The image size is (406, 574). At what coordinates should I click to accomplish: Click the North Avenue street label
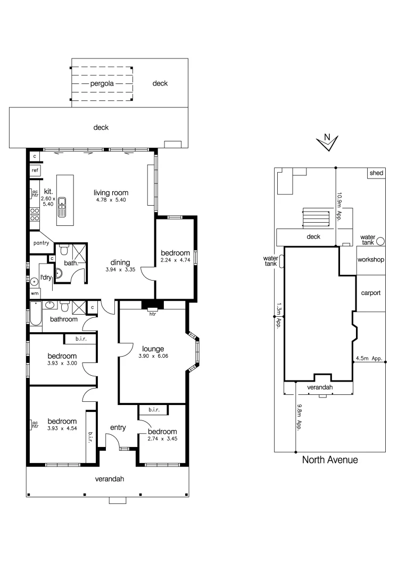(x=330, y=460)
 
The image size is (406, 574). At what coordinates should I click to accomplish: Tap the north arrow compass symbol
(x=327, y=141)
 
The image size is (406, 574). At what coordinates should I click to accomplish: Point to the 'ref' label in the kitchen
(x=35, y=170)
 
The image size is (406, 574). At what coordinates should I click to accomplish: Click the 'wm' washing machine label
(x=35, y=293)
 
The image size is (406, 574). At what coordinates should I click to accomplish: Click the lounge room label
(x=152, y=349)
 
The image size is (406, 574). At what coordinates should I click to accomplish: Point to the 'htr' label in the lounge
(x=152, y=314)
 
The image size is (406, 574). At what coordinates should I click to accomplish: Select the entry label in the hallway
(x=118, y=427)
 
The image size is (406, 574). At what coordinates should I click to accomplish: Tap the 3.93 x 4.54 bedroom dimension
(x=62, y=428)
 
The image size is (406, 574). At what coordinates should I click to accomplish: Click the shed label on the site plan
(x=377, y=173)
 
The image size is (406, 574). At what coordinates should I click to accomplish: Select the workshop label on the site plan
(x=371, y=260)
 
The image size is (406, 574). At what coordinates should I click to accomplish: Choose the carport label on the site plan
(x=370, y=293)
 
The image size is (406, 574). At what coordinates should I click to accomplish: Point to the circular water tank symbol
(x=380, y=241)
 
